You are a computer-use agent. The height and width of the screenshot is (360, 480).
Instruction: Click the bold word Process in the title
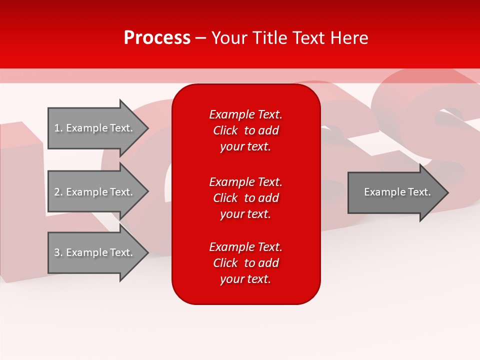[157, 38]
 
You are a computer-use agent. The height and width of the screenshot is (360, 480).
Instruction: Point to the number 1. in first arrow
[58, 128]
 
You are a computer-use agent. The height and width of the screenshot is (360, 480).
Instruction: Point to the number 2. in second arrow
[58, 192]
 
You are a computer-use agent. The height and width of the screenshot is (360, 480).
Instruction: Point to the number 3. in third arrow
[58, 252]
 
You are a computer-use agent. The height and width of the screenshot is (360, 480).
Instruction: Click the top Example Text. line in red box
[245, 114]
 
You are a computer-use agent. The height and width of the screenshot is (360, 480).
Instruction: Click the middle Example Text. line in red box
[245, 181]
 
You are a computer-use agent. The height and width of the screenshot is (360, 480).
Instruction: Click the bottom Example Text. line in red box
[245, 247]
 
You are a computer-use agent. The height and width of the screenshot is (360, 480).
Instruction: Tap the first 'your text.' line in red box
[245, 146]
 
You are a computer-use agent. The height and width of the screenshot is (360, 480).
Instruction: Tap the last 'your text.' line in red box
[245, 279]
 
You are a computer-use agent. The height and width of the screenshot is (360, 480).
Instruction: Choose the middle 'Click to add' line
[245, 198]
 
